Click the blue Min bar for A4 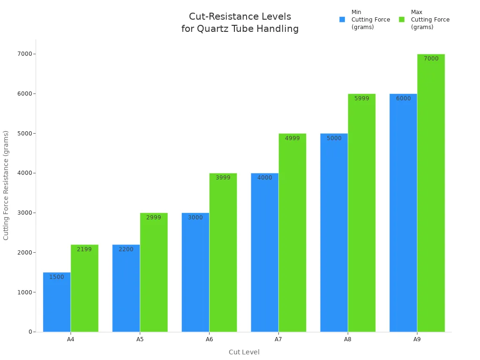(x=57, y=302)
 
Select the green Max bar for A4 (x=84, y=288)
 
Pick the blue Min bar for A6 (x=195, y=272)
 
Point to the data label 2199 (x=84, y=249)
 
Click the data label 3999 (x=223, y=178)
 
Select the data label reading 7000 (x=431, y=59)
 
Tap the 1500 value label (x=57, y=277)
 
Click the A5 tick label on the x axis (x=140, y=339)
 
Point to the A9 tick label (x=417, y=339)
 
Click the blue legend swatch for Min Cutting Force (x=342, y=20)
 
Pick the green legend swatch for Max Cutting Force (x=402, y=20)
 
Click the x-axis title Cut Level (x=244, y=352)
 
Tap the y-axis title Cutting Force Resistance (x=6, y=185)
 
